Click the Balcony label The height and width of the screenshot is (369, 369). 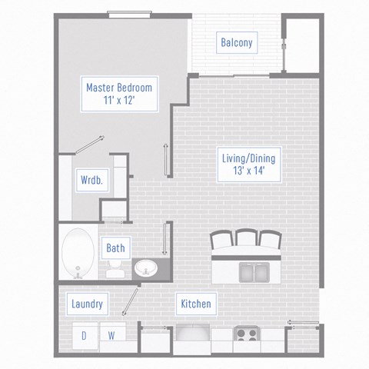(236, 43)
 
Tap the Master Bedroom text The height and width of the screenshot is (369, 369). (119, 88)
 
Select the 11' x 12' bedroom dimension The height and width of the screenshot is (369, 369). (119, 101)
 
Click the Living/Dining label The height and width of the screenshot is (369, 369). (247, 159)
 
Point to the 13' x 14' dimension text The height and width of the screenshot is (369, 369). (247, 172)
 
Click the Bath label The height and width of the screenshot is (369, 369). (115, 248)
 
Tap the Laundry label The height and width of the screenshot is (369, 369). (87, 304)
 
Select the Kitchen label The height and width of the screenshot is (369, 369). (195, 304)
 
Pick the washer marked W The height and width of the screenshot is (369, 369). (111, 335)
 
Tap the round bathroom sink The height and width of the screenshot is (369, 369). (145, 268)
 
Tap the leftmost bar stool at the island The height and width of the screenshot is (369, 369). (221, 239)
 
